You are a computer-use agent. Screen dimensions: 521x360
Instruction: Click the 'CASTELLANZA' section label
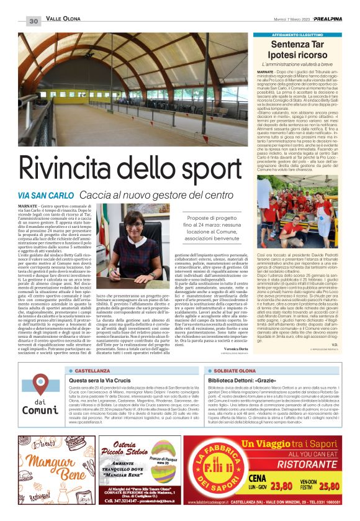pyautogui.click(x=92, y=369)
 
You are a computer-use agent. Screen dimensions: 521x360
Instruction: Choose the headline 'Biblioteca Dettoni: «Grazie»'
pyautogui.click(x=240, y=379)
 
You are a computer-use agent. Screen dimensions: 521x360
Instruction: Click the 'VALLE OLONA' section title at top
pyautogui.click(x=63, y=21)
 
